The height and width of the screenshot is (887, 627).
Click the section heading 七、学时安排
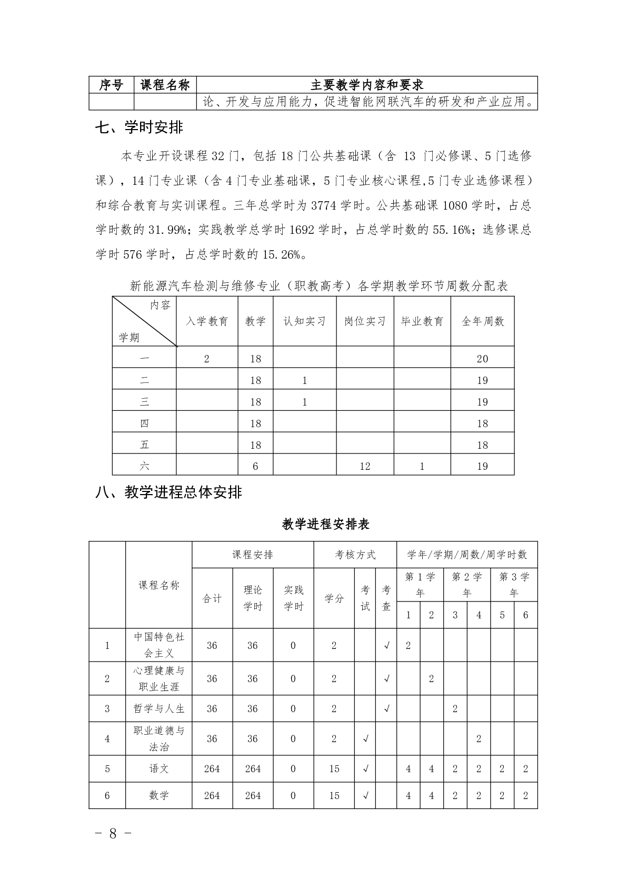pyautogui.click(x=139, y=127)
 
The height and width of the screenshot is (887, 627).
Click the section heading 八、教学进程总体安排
pyautogui.click(x=168, y=492)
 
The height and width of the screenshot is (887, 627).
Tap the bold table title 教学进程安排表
pyautogui.click(x=325, y=524)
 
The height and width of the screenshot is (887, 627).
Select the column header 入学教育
pyautogui.click(x=207, y=321)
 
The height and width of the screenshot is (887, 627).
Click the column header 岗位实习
pyautogui.click(x=365, y=321)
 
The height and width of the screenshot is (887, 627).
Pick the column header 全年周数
pyautogui.click(x=482, y=321)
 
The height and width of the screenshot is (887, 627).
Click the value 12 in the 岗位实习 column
pyautogui.click(x=365, y=466)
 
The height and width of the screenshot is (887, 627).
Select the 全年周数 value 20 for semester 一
pyautogui.click(x=482, y=359)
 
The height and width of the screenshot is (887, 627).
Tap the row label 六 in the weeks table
pyautogui.click(x=144, y=466)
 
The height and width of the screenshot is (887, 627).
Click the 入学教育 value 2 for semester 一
pyautogui.click(x=207, y=359)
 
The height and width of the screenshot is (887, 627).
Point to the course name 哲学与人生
pyautogui.click(x=159, y=709)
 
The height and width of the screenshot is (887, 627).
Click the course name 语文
pyautogui.click(x=159, y=768)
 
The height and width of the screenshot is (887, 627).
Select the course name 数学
pyautogui.click(x=159, y=795)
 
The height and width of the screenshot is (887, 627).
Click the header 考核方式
pyautogui.click(x=355, y=555)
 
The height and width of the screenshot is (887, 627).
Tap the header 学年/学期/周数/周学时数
pyautogui.click(x=467, y=555)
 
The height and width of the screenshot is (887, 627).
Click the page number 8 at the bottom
pyautogui.click(x=112, y=833)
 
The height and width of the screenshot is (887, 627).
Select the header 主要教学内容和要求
pyautogui.click(x=367, y=85)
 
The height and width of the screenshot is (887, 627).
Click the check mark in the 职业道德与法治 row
pyautogui.click(x=365, y=739)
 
